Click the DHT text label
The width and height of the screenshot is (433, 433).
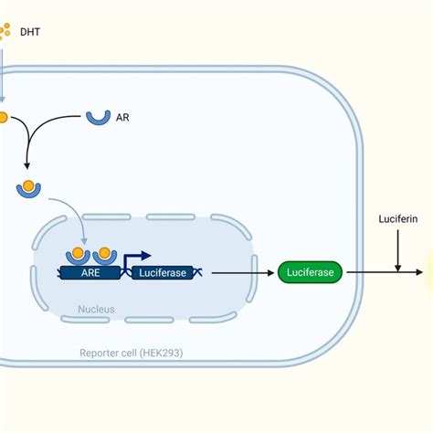coord(32,32)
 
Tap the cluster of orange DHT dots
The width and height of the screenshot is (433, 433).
coord(5,32)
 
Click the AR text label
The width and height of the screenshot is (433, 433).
coord(121,117)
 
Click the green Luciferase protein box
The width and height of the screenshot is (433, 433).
coord(310,271)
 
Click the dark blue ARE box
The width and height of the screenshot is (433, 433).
coord(90,272)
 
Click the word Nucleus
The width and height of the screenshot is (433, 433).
coord(96,310)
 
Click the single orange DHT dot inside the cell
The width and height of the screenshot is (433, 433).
coord(4,118)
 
